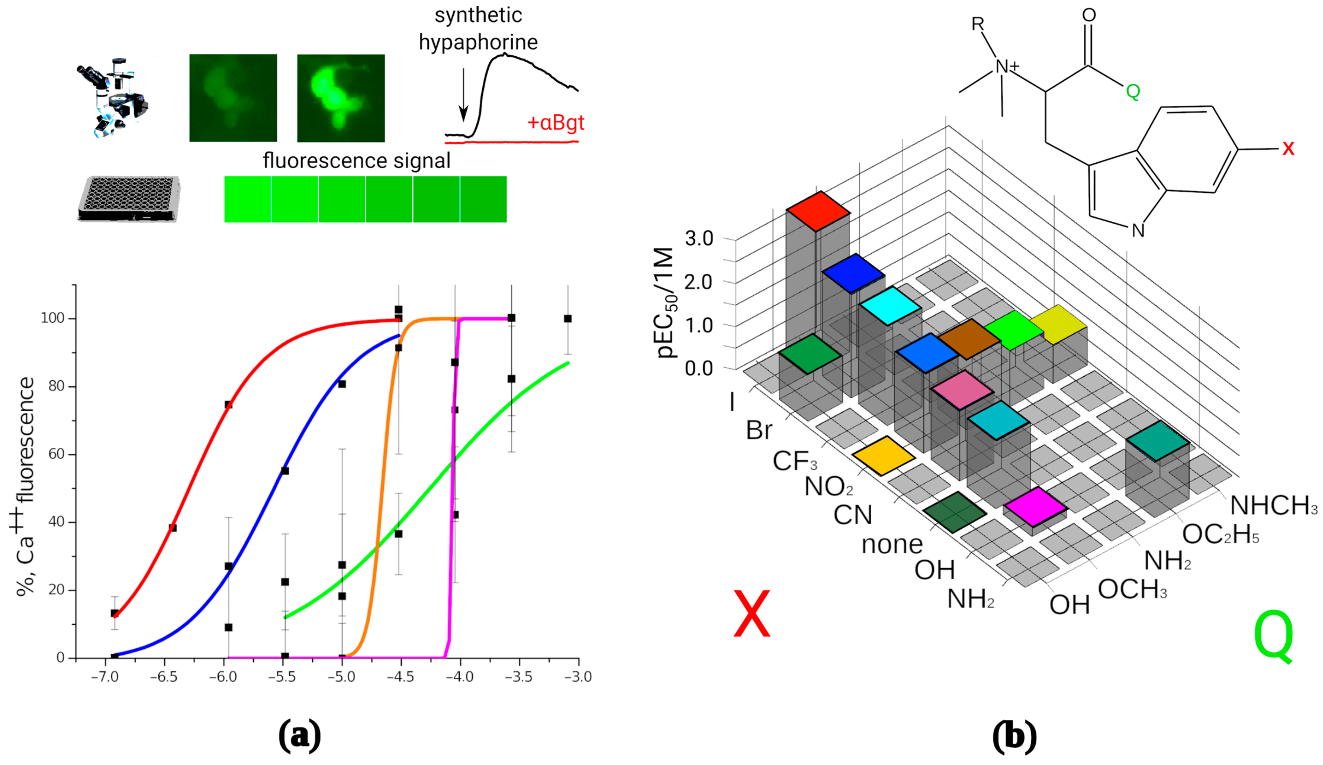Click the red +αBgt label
555,123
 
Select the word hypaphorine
478,42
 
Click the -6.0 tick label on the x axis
223,677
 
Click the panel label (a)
299,736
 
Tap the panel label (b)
1014,736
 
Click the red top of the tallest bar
818,211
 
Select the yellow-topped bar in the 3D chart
1058,324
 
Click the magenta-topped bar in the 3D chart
1035,506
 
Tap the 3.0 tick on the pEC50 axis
699,239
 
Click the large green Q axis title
1273,637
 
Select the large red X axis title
752,614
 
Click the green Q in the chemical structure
1133,92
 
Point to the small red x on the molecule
1288,148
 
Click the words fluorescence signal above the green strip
356,161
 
